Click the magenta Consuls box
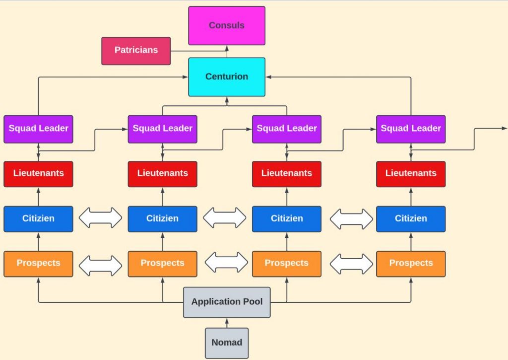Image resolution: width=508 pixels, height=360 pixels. click(x=227, y=25)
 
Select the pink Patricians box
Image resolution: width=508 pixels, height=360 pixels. click(x=136, y=51)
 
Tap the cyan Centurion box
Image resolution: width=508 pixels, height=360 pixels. click(x=227, y=77)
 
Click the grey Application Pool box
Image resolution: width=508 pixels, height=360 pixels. click(x=227, y=302)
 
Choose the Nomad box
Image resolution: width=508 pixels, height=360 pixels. click(x=227, y=343)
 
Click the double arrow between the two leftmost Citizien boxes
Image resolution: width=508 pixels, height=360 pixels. click(x=100, y=218)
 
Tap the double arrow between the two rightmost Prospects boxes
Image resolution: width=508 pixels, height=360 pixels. click(x=351, y=264)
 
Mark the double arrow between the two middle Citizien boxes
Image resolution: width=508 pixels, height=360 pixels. click(x=225, y=218)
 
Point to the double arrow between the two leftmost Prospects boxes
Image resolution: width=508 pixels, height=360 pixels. click(x=100, y=265)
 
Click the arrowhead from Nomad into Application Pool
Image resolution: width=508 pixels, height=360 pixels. click(x=227, y=321)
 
